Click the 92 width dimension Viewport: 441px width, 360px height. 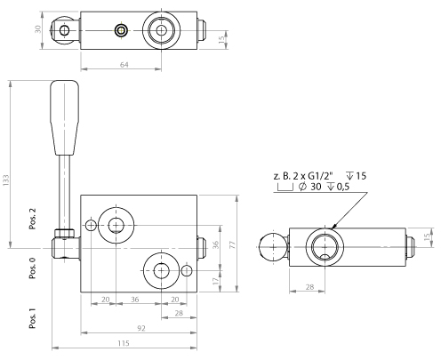coord(140,328)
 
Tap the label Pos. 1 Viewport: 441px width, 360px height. coord(34,317)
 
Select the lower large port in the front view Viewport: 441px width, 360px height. coord(161,269)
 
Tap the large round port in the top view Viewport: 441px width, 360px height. coord(161,31)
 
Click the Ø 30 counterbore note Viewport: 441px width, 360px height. coord(318,188)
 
